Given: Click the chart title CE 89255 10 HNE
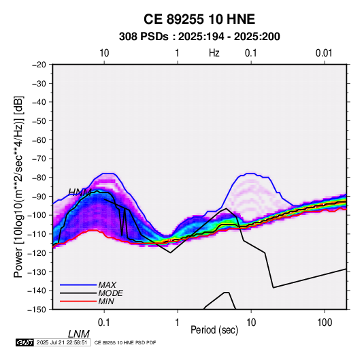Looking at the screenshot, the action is [x=199, y=19].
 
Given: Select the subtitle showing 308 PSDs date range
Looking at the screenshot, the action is [x=199, y=37].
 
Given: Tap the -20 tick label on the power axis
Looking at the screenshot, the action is [x=39, y=65].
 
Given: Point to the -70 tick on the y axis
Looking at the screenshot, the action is [x=39, y=159].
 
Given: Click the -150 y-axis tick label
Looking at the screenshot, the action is [x=37, y=310].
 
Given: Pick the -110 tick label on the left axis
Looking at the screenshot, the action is [x=37, y=234].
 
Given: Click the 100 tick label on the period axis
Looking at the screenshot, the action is [x=325, y=323].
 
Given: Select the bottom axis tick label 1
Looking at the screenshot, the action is [x=178, y=323].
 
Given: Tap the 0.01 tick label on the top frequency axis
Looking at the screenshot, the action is [x=324, y=53].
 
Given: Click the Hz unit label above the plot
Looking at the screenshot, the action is [x=214, y=53].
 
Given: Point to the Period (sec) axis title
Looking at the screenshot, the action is [x=214, y=330].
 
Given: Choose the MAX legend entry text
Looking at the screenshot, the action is [x=107, y=284].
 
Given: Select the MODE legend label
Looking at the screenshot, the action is [x=110, y=293].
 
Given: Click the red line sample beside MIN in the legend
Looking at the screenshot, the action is [x=78, y=301].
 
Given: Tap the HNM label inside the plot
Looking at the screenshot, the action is [x=80, y=192].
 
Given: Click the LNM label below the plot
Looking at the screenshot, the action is [x=79, y=334].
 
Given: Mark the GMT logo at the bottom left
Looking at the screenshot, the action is [x=25, y=342].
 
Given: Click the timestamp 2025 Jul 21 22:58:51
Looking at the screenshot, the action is [x=62, y=342].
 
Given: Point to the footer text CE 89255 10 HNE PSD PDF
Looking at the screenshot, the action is [x=125, y=342].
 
